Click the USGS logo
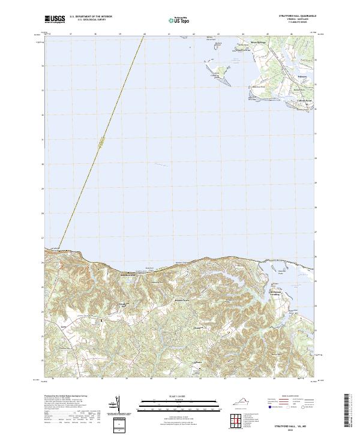point(55,20)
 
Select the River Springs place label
point(257,43)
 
